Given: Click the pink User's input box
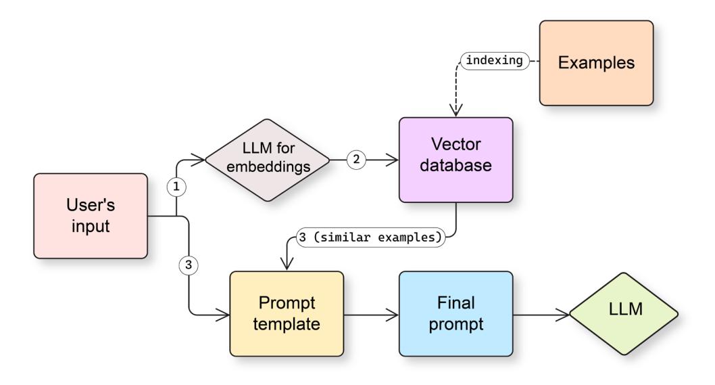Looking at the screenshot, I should coord(90,215).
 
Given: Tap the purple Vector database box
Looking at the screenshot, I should coord(455,160).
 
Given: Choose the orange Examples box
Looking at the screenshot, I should coord(595,62).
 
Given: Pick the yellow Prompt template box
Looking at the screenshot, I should coord(287,313).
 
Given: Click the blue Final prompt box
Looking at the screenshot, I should coord(455,313).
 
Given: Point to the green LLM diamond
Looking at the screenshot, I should coord(623,313).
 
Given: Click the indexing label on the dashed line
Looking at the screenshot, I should coord(495,60).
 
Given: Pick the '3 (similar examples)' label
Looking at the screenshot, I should coord(370,238).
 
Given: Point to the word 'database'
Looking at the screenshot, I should coord(455,169).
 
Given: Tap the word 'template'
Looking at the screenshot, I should coord(287,323).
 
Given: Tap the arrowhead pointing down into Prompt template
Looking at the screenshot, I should coord(287,265).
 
